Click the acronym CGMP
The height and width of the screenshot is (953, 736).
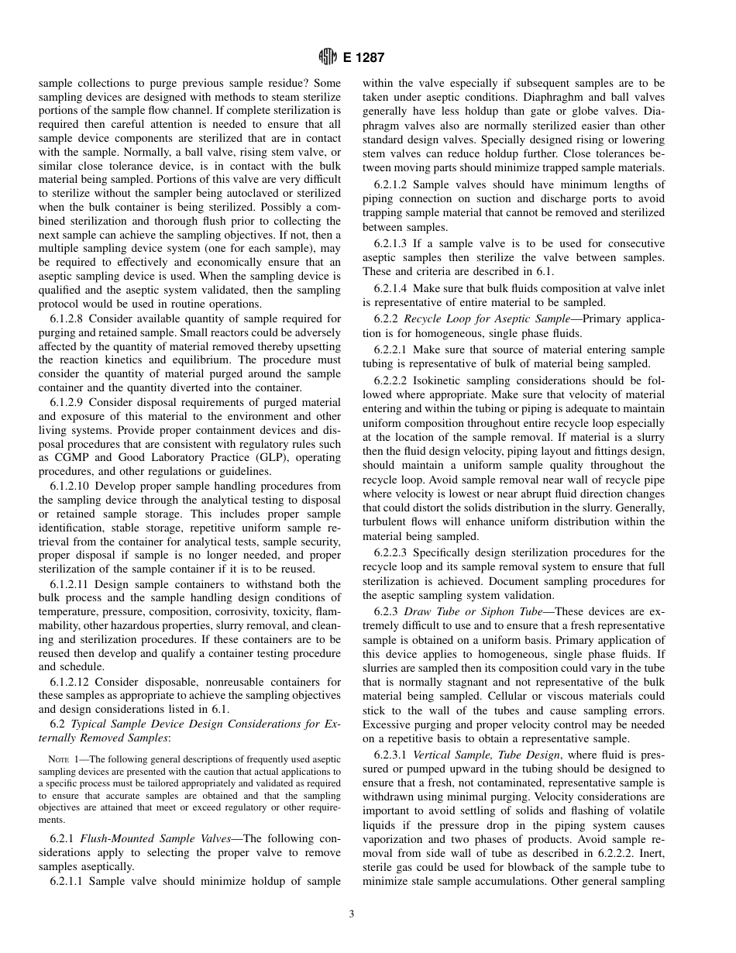(57, 458)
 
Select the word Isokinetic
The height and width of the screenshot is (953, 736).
(441, 381)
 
